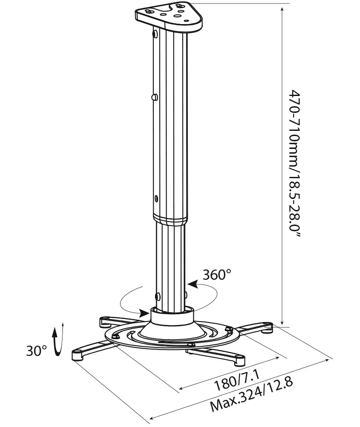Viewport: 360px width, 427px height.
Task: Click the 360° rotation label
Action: click(217, 275)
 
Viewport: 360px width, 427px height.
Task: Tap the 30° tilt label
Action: click(37, 351)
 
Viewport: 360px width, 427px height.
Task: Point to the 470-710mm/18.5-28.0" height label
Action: click(295, 164)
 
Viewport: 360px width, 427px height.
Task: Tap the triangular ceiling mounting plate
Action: click(169, 16)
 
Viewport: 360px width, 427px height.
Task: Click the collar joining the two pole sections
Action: click(171, 219)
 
